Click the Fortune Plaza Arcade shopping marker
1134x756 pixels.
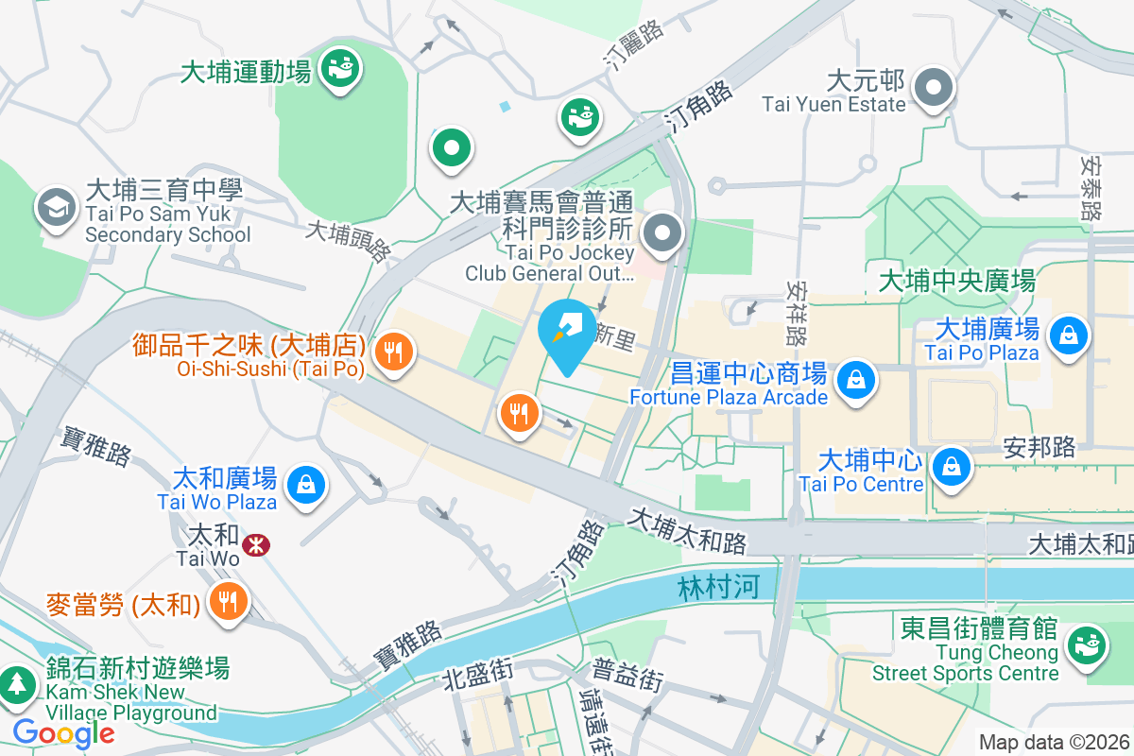[x=855, y=380]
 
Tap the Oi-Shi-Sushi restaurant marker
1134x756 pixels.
[x=391, y=352]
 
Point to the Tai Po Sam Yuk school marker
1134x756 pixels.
[x=57, y=209]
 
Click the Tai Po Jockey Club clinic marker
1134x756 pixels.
[x=663, y=232]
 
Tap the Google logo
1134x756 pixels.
[x=63, y=732]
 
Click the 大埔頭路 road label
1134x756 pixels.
[x=349, y=242]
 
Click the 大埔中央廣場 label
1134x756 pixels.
[x=956, y=281]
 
